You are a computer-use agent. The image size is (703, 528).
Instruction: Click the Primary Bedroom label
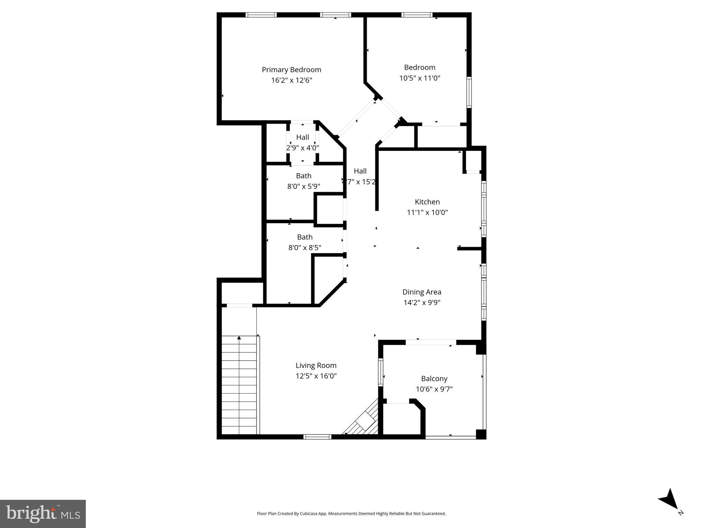point(291,70)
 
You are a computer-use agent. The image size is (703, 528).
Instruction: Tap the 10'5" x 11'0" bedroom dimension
point(419,78)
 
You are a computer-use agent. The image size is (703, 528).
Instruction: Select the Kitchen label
point(427,202)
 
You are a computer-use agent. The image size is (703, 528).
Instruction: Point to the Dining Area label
point(422,292)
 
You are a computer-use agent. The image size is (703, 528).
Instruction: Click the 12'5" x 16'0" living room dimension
point(316,376)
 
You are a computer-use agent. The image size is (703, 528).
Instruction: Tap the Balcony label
point(434,378)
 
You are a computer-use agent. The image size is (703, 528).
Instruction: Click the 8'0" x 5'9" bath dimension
point(303,187)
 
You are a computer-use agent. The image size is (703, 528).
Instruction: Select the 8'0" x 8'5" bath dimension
point(304,247)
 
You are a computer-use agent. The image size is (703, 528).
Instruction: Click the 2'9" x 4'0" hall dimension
point(302,148)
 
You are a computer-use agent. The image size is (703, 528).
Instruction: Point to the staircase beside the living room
point(239,385)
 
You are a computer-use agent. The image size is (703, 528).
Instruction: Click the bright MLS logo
point(43,514)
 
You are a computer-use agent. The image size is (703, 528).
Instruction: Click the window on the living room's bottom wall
point(317,437)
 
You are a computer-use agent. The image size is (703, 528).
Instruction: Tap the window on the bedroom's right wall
point(469,92)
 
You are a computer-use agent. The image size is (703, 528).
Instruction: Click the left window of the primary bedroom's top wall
point(261,15)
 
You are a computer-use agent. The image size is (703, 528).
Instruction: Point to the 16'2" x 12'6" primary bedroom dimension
point(291,80)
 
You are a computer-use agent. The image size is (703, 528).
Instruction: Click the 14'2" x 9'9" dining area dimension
point(422,302)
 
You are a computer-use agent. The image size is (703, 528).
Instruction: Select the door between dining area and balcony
point(431,342)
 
